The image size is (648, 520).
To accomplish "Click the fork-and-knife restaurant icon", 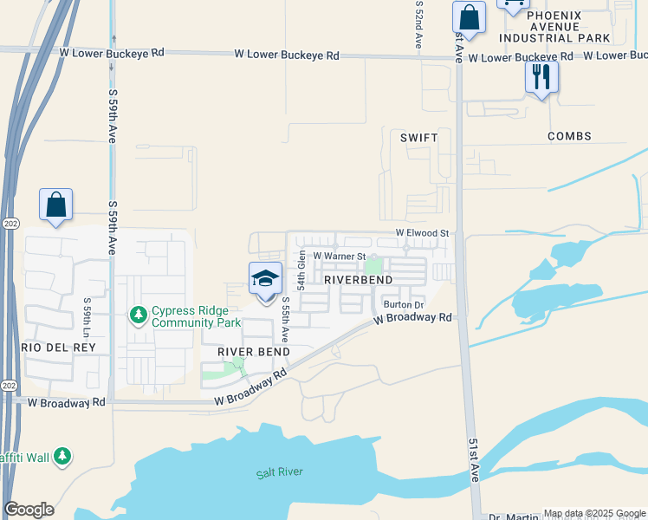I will click(x=541, y=78).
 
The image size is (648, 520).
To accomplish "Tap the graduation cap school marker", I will click(x=265, y=279).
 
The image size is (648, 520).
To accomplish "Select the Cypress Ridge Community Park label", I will click(x=196, y=316).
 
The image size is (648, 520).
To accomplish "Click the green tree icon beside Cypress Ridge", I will click(x=138, y=315).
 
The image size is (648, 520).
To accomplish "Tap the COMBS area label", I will click(x=569, y=136).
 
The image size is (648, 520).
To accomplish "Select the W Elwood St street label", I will click(x=423, y=233).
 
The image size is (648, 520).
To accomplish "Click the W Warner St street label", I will click(x=340, y=256).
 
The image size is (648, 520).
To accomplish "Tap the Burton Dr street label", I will click(x=403, y=304).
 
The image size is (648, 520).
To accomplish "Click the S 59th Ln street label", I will click(x=87, y=319).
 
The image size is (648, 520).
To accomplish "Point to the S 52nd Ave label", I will click(x=418, y=24).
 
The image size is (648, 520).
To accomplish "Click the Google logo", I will click(x=29, y=510).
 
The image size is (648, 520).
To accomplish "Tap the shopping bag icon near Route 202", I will click(x=55, y=205).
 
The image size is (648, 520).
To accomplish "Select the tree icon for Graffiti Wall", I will click(x=62, y=456).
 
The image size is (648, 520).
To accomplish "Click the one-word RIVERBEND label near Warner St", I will click(x=359, y=280).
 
